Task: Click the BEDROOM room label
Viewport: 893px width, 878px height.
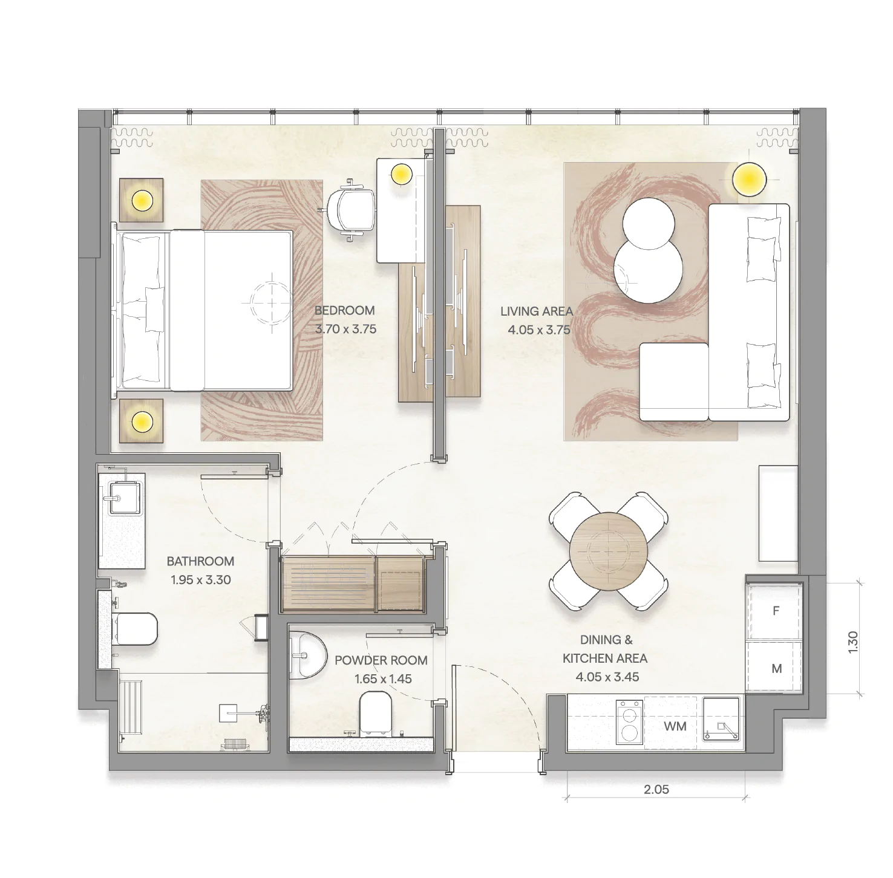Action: coord(344,310)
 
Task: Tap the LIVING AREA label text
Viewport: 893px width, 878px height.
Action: coord(536,311)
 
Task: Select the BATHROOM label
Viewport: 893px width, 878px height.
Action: coord(200,561)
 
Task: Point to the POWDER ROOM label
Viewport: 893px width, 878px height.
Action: coord(381,660)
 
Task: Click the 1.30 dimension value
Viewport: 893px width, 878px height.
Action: coord(853,641)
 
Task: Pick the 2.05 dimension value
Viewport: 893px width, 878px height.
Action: coord(656,789)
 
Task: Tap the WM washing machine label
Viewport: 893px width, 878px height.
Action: coord(675,726)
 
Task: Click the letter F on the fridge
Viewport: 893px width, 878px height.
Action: coord(776,611)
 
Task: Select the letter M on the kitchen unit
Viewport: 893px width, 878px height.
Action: coord(777,668)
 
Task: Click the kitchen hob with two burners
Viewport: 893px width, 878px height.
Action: coord(629,721)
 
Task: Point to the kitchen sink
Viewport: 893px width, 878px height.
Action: coord(721,720)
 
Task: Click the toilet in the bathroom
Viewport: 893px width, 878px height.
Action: coord(136,628)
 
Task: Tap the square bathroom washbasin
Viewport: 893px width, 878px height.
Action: coord(121,497)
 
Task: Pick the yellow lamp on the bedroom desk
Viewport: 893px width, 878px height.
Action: coord(401,174)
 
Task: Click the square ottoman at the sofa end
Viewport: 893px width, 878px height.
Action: coord(674,382)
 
